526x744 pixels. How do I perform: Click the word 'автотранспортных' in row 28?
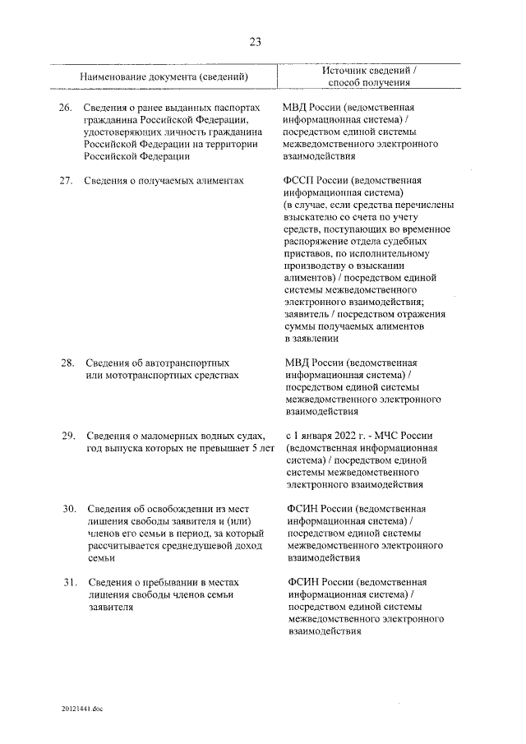(187, 363)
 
